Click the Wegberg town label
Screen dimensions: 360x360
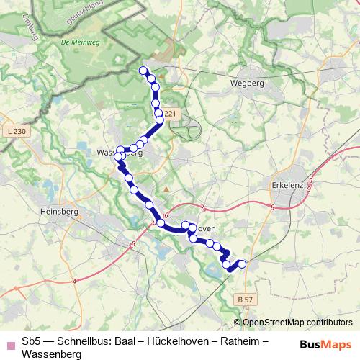(247, 83)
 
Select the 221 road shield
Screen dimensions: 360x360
(169, 114)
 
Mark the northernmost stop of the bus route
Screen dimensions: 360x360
(143, 71)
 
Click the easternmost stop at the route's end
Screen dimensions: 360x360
(241, 264)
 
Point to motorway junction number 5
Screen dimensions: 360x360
(134, 245)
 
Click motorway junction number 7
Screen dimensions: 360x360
(204, 209)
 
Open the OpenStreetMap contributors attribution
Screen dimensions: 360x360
(296, 322)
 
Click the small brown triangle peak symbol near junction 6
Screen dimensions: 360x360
(166, 189)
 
